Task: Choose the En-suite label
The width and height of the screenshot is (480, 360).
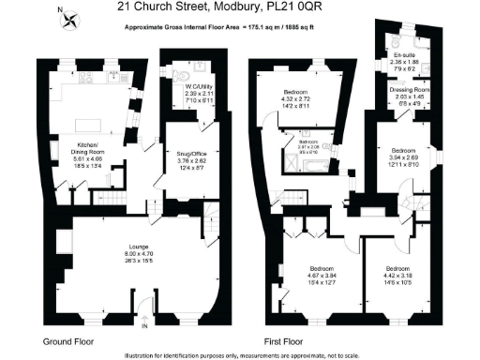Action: tap(407, 55)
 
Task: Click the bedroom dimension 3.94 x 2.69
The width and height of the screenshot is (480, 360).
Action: tap(405, 157)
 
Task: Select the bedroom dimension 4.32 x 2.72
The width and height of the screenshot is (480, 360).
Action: tap(302, 98)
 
